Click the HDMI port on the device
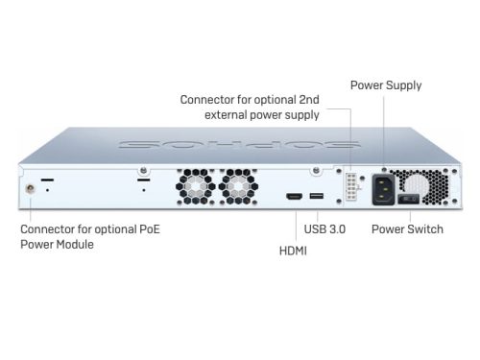pos(294,197)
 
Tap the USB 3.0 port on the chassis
pos(318,197)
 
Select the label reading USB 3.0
pos(324,230)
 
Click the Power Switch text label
pos(407,230)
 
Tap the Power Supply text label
pos(385,85)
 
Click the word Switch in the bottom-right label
pos(424,230)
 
